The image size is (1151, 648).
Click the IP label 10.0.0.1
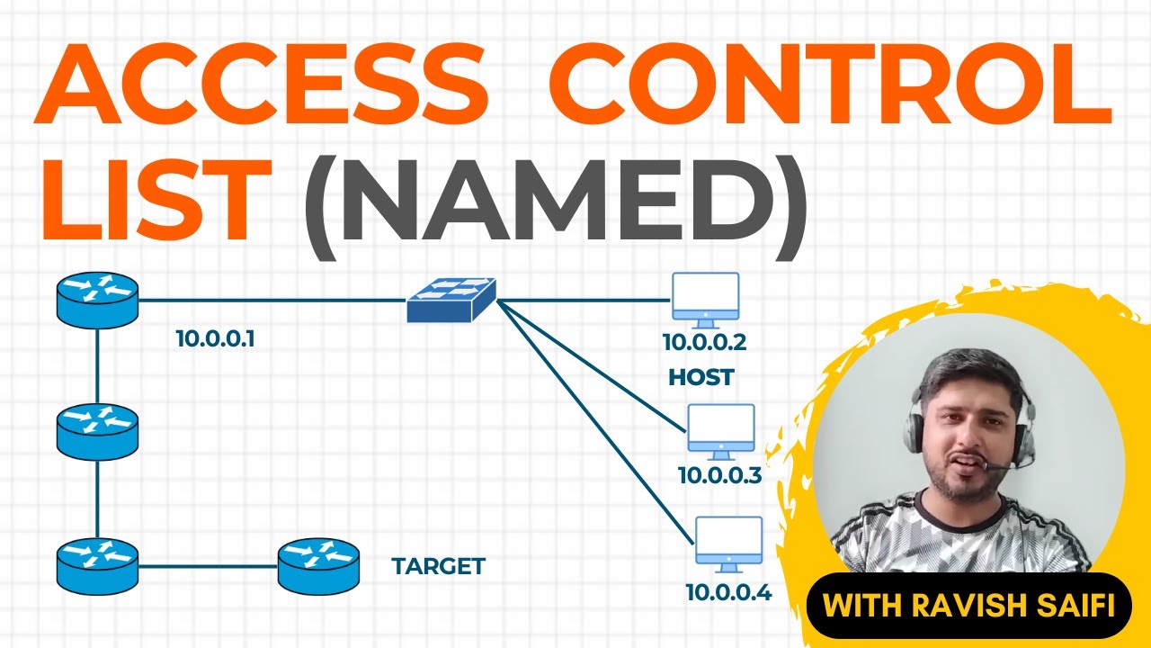(x=216, y=339)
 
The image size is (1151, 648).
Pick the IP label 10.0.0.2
(x=705, y=342)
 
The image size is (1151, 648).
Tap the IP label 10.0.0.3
(x=719, y=474)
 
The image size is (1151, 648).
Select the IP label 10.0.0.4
(x=728, y=592)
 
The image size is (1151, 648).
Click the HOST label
(x=701, y=377)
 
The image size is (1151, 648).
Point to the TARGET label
(x=438, y=566)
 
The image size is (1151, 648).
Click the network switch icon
(x=451, y=299)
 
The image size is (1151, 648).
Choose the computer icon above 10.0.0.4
(x=728, y=544)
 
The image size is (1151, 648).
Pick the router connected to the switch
(x=97, y=300)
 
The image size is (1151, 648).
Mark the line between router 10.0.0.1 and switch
(x=270, y=300)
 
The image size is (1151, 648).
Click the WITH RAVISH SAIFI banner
(x=968, y=605)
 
